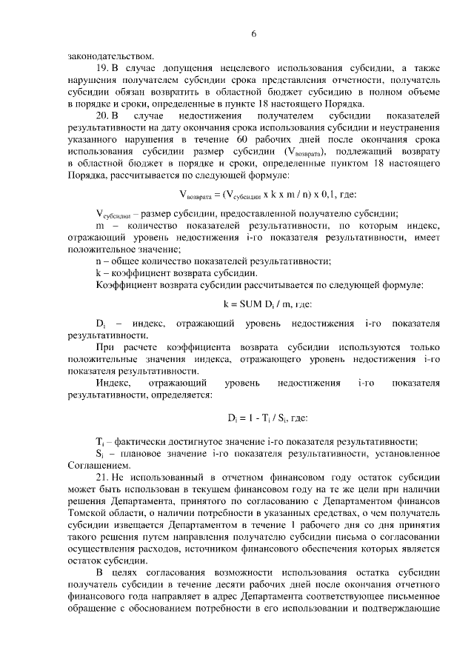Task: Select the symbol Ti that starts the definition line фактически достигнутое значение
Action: (x=100, y=442)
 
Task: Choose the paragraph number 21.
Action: (x=103, y=478)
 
